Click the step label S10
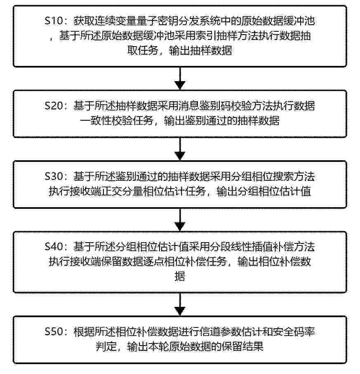(x=54, y=21)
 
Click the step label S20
(x=54, y=106)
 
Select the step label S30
(x=54, y=176)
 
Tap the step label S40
(x=54, y=247)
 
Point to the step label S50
(x=54, y=332)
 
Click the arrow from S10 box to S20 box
(x=180, y=79)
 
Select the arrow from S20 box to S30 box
(x=180, y=149)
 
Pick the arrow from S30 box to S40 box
(x=180, y=220)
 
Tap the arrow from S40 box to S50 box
(x=180, y=304)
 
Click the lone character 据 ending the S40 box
(x=180, y=276)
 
